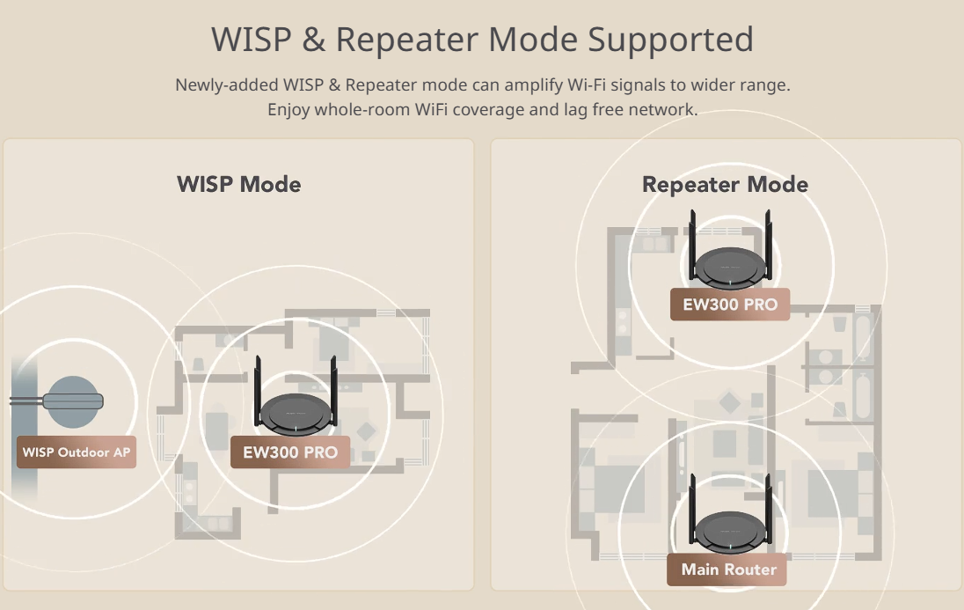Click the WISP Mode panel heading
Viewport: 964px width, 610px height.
pyautogui.click(x=239, y=185)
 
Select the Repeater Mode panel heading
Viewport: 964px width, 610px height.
pyautogui.click(x=725, y=185)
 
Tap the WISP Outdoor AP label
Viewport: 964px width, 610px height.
pyautogui.click(x=76, y=452)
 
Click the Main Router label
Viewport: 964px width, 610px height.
pyautogui.click(x=728, y=570)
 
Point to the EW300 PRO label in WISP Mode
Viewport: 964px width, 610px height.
pyautogui.click(x=290, y=452)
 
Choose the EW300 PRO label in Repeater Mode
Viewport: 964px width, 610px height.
pyautogui.click(x=730, y=305)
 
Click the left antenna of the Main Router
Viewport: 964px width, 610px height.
pyautogui.click(x=693, y=502)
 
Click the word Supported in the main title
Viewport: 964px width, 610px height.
pyautogui.click(x=670, y=40)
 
